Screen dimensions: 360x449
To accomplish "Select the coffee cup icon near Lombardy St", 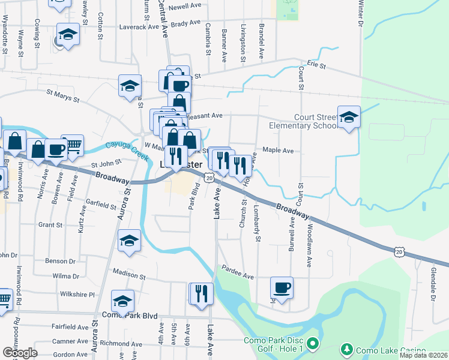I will pyautogui.click(x=282, y=288).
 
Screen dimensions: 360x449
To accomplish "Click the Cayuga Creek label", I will pyautogui.click(x=127, y=149).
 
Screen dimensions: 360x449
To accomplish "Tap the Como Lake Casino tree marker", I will pyautogui.click(x=346, y=349).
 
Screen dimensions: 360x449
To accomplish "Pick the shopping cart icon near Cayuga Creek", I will pyautogui.click(x=72, y=145).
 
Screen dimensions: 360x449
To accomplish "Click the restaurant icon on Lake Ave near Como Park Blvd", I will pyautogui.click(x=201, y=293).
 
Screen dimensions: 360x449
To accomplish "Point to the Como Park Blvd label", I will pyautogui.click(x=130, y=315).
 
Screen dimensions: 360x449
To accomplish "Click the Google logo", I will pyautogui.click(x=20, y=353).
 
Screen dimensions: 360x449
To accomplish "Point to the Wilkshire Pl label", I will pyautogui.click(x=77, y=295).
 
